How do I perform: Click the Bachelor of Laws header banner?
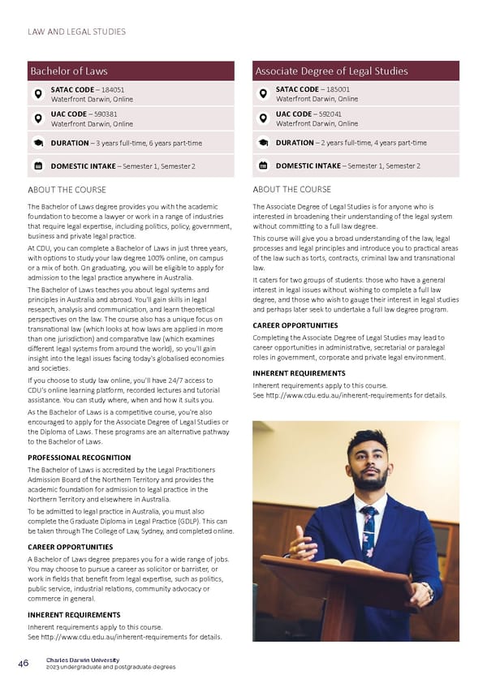(130, 71)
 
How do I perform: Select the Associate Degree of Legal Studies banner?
(356, 71)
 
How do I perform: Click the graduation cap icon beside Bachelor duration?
(37, 143)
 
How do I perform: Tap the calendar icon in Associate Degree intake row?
(262, 166)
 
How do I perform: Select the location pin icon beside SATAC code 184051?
(37, 94)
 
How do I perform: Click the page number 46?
(24, 663)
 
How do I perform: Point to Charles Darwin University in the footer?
(83, 660)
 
